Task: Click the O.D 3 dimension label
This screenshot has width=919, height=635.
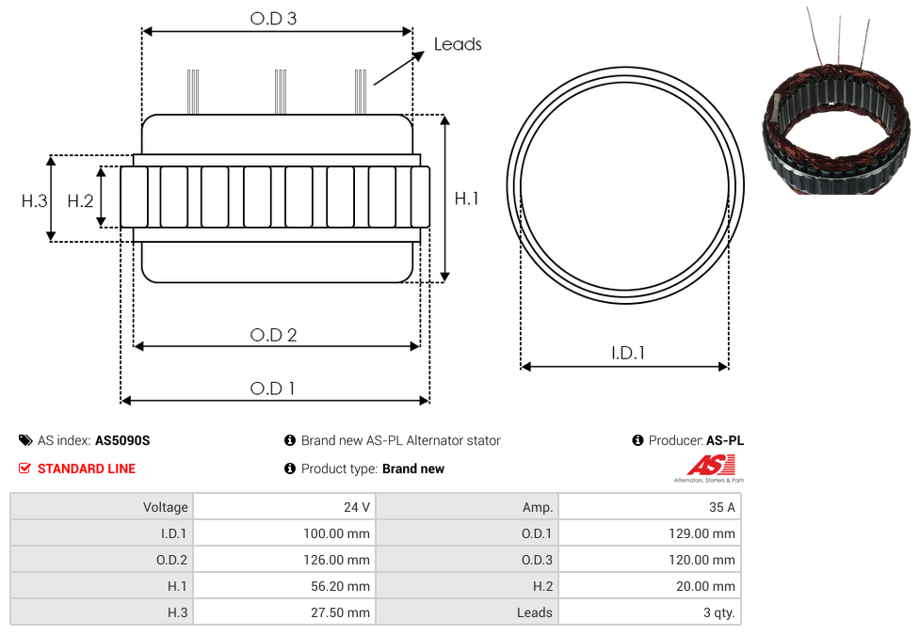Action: (273, 19)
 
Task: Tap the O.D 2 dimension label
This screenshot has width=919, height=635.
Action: (273, 335)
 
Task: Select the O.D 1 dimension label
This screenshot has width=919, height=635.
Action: (272, 389)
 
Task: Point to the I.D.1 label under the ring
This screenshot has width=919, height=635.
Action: (628, 353)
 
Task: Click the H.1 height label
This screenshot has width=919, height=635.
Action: (466, 198)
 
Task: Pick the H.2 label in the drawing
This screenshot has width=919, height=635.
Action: (80, 201)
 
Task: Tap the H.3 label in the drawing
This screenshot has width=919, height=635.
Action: (35, 201)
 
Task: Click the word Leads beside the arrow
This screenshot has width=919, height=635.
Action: (458, 44)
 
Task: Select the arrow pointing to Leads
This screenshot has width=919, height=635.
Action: (398, 68)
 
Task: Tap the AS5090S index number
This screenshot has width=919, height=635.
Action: (122, 440)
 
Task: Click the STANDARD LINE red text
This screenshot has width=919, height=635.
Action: (87, 468)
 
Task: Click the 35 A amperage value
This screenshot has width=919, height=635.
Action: (721, 507)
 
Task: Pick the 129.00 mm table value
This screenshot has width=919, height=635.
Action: (701, 533)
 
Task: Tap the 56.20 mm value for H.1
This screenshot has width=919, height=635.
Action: (340, 586)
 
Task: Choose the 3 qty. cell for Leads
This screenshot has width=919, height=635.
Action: (719, 612)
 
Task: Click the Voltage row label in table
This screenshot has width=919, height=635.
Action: (166, 507)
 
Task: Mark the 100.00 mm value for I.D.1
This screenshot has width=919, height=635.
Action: (336, 533)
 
